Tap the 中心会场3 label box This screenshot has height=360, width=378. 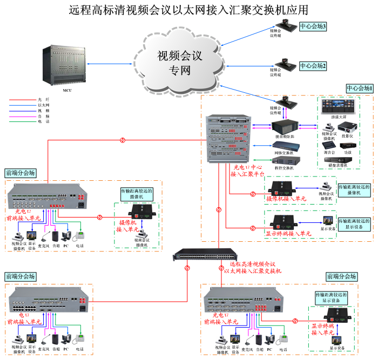(313, 26)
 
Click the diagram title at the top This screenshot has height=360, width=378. (188, 10)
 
